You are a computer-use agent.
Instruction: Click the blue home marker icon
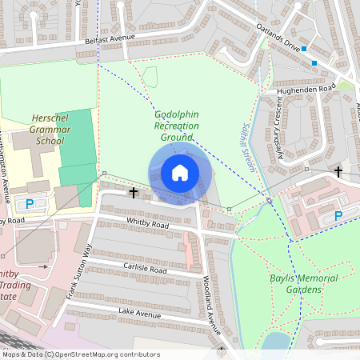179,173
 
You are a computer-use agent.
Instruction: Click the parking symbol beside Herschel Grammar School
30,204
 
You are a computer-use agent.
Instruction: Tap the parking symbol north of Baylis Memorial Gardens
338,215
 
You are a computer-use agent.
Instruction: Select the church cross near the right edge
338,172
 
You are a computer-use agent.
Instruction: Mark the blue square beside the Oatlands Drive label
304,49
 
